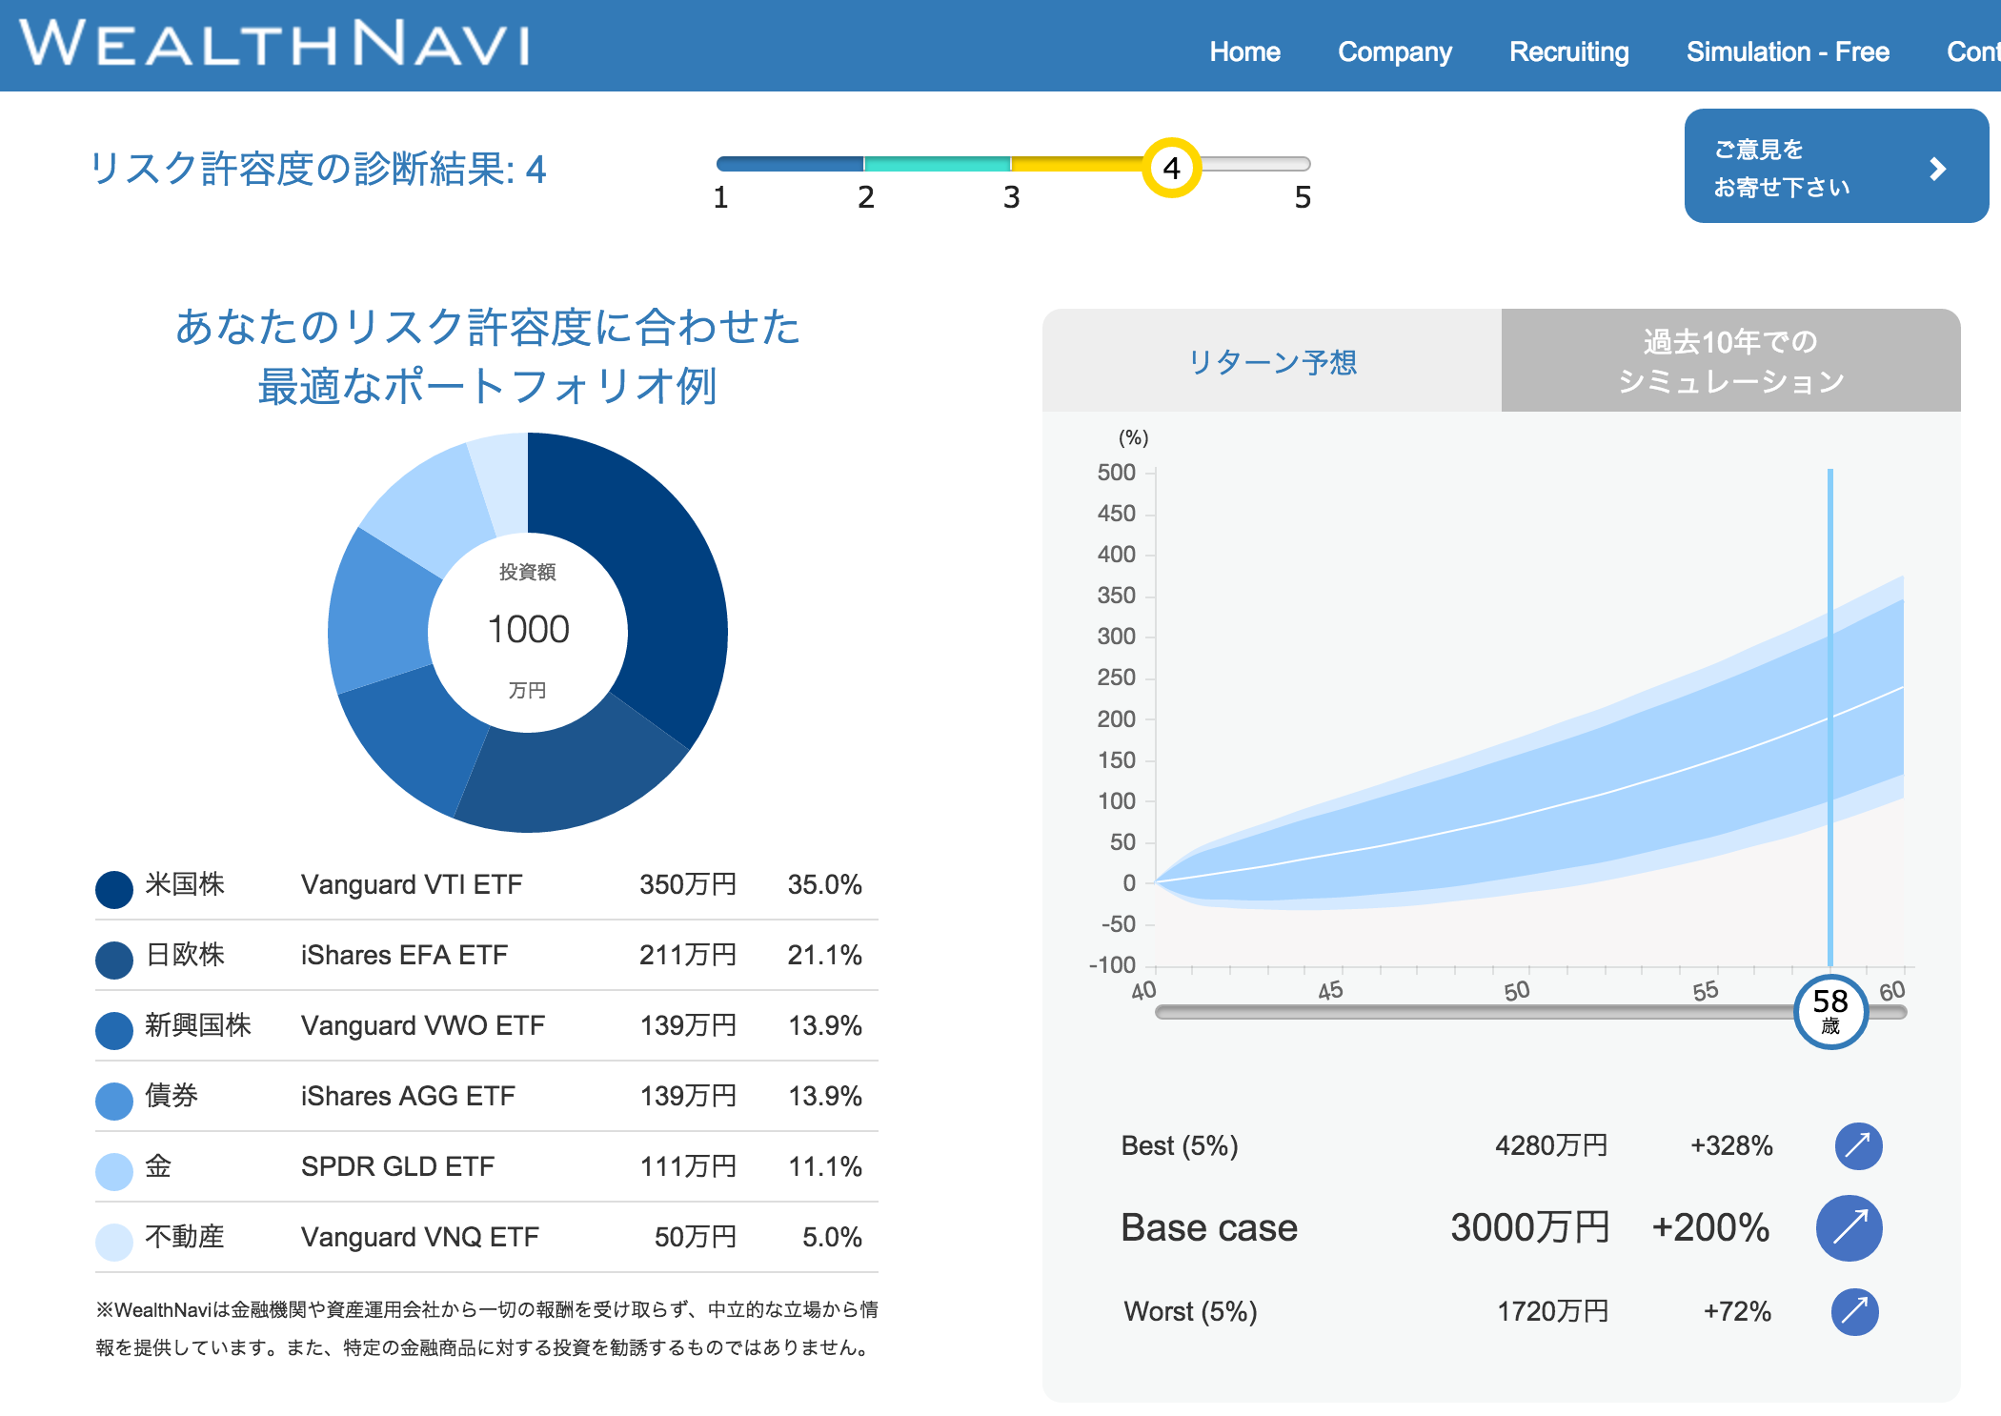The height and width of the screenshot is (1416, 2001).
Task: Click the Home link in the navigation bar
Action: pos(1244,51)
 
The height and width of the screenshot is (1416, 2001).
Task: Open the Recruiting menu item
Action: pos(1568,51)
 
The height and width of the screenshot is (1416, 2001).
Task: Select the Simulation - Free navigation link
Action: pos(1787,51)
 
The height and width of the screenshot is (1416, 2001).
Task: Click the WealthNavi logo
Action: pos(274,44)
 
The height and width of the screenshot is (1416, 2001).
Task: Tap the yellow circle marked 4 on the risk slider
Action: pos(1171,168)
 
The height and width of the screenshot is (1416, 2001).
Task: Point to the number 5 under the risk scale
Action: pos(1302,197)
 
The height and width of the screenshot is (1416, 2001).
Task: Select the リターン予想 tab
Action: pos(1272,361)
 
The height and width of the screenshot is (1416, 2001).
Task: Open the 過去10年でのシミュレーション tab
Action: pos(1730,361)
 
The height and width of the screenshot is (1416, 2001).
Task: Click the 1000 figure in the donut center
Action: pos(528,629)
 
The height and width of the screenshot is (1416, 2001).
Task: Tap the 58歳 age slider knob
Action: pos(1829,1010)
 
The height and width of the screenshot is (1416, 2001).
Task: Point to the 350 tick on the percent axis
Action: pos(1117,596)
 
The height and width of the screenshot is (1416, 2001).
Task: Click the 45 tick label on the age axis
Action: pos(1330,990)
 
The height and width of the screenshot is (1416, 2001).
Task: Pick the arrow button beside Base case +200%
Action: pos(1849,1227)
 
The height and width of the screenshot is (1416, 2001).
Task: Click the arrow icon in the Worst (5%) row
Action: pos(1854,1311)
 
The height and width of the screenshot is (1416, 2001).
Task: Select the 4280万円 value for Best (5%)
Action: pos(1550,1145)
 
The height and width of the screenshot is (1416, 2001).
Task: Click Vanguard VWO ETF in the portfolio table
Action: pos(422,1025)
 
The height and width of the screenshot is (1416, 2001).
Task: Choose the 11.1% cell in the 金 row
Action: pos(824,1166)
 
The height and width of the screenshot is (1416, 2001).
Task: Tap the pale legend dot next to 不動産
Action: pos(114,1241)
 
